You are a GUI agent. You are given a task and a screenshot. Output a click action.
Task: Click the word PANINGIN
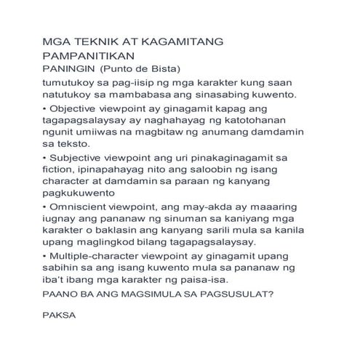point(70,68)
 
